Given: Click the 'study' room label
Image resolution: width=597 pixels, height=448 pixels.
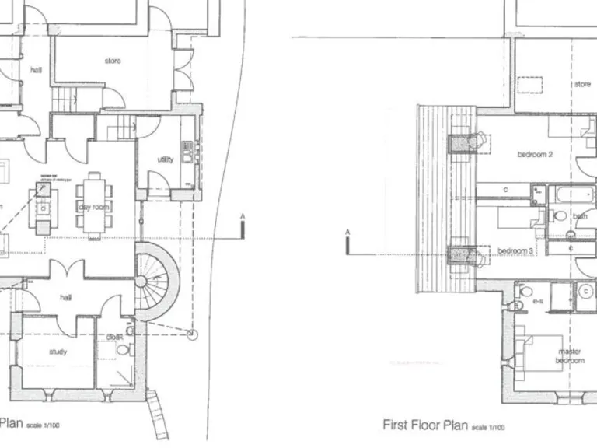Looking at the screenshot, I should [x=58, y=352].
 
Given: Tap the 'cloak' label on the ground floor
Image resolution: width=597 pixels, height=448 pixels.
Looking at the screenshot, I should [x=115, y=337].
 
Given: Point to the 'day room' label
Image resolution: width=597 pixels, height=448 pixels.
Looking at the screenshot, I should [x=94, y=207].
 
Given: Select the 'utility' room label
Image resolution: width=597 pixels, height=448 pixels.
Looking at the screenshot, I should [x=166, y=159].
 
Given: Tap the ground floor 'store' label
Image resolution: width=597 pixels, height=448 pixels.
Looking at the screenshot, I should [x=113, y=61].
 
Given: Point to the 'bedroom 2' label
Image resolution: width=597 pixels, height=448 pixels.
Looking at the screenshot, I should [x=535, y=154].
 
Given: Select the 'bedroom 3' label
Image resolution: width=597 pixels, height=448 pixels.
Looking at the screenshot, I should [x=515, y=250].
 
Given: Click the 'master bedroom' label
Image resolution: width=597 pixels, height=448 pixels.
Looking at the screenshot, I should [x=569, y=356].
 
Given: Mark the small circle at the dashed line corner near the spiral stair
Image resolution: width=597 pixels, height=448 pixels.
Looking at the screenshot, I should [x=193, y=334].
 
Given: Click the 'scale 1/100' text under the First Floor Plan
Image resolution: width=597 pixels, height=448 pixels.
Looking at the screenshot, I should [x=488, y=427].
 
